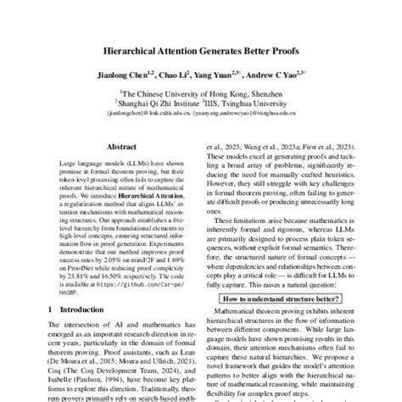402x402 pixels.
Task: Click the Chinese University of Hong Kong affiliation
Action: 200,98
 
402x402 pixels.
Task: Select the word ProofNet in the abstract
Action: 82,268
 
